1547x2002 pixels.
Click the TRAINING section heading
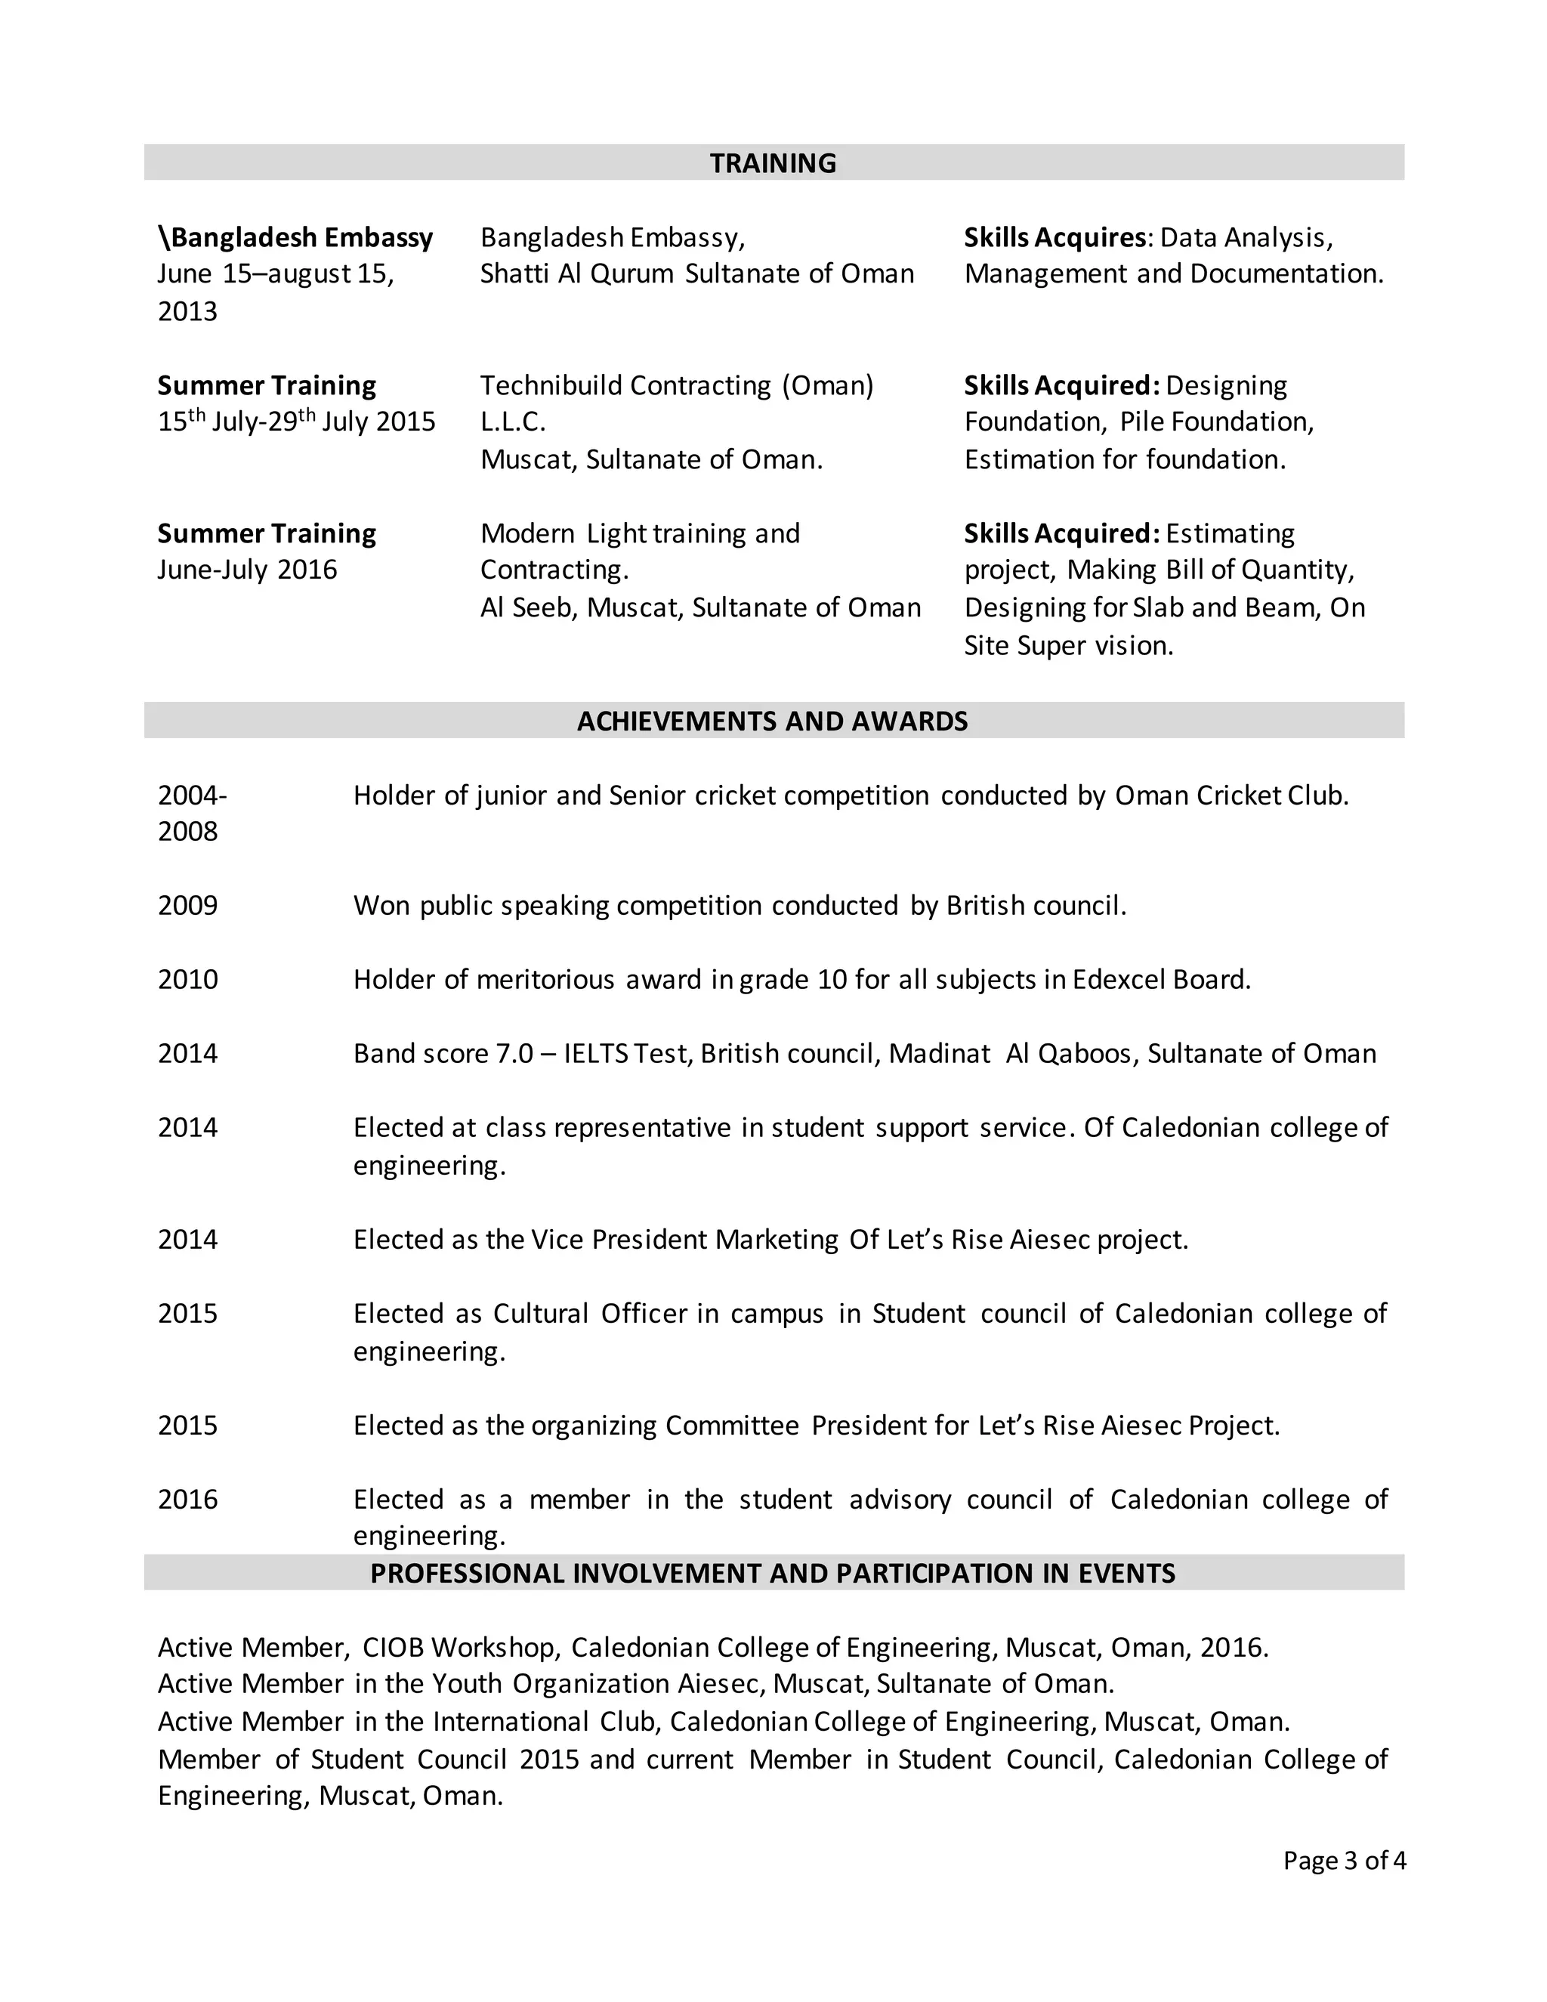coord(773,163)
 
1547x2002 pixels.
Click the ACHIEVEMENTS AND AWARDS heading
coord(773,721)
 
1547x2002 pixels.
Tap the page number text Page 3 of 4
coord(1344,1860)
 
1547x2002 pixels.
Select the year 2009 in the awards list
coord(188,906)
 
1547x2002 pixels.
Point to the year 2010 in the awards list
coord(188,979)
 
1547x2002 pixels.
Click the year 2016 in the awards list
coord(188,1499)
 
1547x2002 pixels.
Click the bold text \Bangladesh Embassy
coord(295,237)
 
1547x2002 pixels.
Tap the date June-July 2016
coord(248,570)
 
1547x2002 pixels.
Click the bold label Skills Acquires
coord(1054,237)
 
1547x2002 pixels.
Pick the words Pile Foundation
coord(1216,422)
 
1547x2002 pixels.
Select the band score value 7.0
coord(514,1053)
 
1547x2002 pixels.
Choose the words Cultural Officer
coord(589,1314)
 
